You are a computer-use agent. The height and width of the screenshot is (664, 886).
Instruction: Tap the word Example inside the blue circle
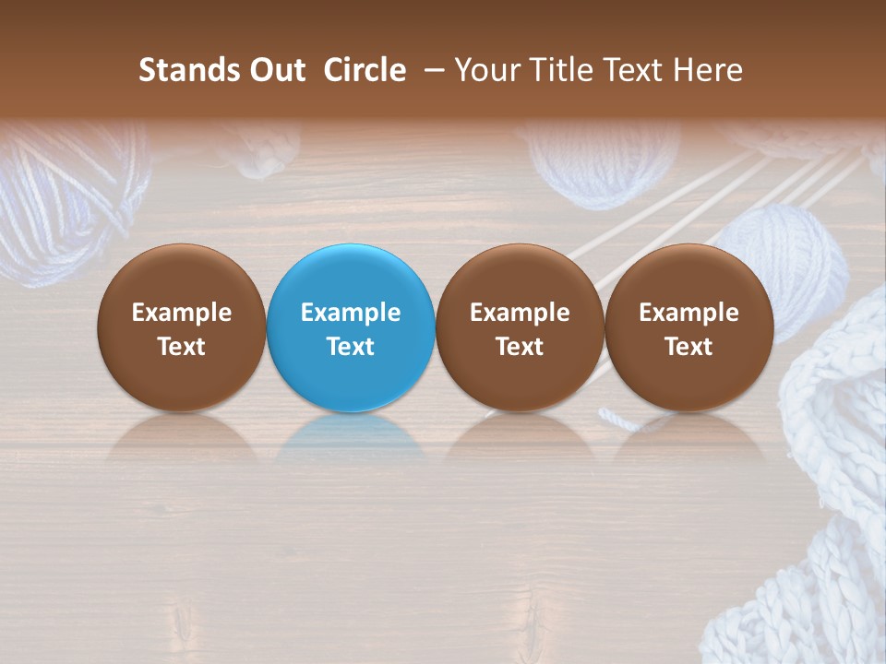351,313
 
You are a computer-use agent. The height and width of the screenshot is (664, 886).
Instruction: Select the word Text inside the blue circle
351,347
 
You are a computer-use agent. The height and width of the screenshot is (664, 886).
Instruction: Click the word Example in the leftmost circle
182,313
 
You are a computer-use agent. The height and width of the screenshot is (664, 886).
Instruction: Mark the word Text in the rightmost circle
688,347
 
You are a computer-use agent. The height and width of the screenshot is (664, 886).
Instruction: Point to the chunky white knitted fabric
821,516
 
